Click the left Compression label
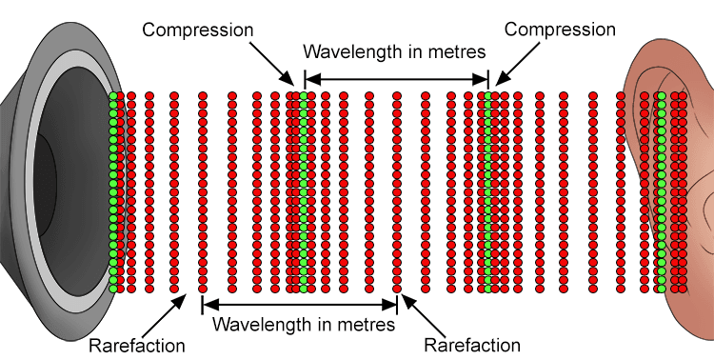[x=198, y=30]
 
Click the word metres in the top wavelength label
[x=452, y=50]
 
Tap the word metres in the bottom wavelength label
[x=363, y=324]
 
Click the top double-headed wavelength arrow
[x=396, y=79]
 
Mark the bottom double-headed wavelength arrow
[x=299, y=305]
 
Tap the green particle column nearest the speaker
[x=112, y=190]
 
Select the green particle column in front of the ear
[x=661, y=190]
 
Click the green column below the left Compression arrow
[x=304, y=190]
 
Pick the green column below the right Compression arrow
[x=486, y=190]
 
